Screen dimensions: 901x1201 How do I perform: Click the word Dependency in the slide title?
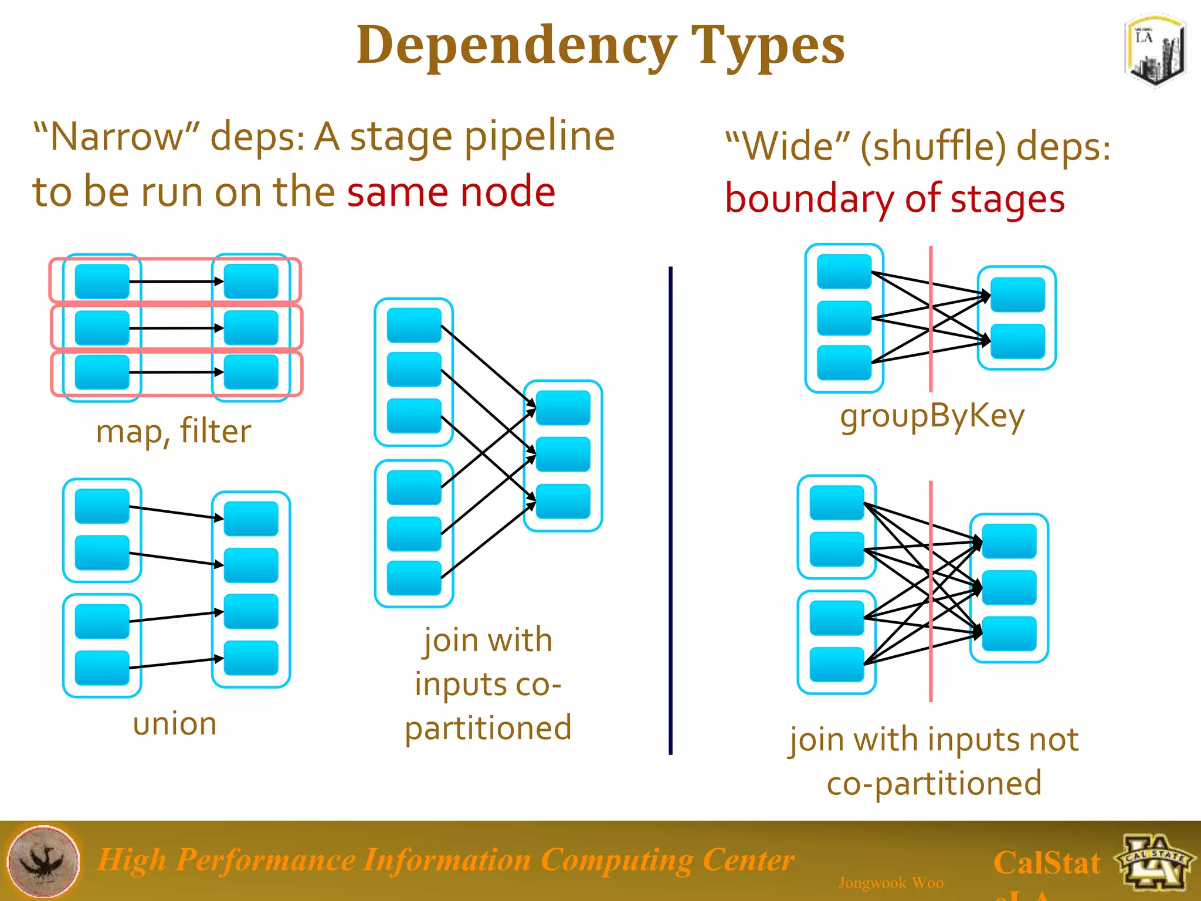pos(516,46)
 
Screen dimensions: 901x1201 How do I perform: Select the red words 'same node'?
pos(450,192)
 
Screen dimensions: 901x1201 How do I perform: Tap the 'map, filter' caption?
pos(174,431)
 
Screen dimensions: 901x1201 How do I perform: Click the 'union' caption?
pos(175,723)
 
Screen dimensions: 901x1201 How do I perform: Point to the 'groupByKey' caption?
pos(932,416)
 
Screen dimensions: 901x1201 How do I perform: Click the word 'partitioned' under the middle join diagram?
pos(488,728)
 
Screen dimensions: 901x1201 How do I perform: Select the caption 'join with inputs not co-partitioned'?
pos(934,761)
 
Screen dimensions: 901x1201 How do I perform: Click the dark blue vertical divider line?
pos(670,510)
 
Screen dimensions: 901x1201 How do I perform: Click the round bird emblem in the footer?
pos(43,861)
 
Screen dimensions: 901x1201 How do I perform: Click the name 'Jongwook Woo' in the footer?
pos(891,882)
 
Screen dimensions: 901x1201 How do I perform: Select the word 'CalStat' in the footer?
pos(1047,863)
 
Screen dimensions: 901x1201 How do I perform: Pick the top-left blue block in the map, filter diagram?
pos(102,282)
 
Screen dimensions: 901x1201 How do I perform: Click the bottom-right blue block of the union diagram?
pos(251,658)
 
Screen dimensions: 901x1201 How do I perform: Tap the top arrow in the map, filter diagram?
pos(176,282)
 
